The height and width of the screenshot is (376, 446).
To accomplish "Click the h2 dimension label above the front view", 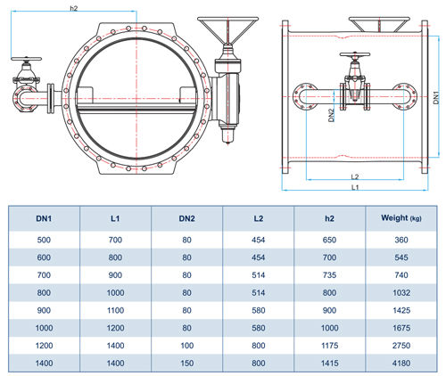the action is coord(73,8).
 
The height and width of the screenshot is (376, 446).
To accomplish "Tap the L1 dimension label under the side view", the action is coord(355,187).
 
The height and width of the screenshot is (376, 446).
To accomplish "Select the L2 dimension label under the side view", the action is coord(355,177).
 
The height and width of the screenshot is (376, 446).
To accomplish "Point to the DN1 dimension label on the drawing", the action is coord(436,97).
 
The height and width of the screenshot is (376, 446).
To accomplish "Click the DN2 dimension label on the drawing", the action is coord(331,115).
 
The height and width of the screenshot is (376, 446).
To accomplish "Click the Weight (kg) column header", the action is coord(401,218).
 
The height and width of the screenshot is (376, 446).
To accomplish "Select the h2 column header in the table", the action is coord(329,218).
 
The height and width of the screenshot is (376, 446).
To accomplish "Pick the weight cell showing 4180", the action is coord(401,363).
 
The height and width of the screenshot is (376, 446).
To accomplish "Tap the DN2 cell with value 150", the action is coord(186,363).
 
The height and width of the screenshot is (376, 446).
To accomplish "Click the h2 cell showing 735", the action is coord(329,275).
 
